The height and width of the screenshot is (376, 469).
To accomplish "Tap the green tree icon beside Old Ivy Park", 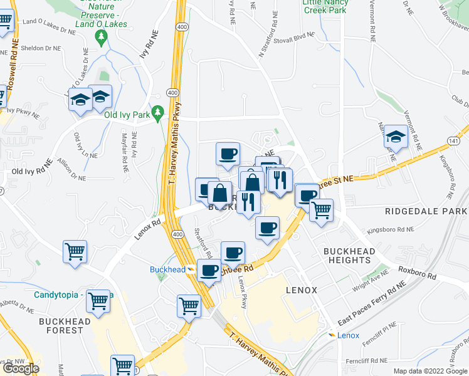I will [x=159, y=113].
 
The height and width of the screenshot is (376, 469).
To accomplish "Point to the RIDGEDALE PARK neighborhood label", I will [x=426, y=211].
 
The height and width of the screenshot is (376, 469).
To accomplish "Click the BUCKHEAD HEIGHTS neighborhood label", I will [x=349, y=256].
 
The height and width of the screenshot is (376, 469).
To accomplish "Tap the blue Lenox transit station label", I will [x=348, y=335].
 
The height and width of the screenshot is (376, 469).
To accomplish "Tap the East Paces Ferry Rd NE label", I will [x=372, y=303].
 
